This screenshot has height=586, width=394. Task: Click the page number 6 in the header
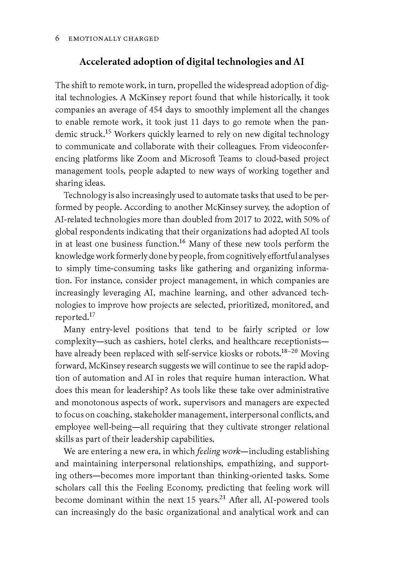pyautogui.click(x=57, y=39)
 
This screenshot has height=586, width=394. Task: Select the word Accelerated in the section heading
pyautogui.click(x=105, y=62)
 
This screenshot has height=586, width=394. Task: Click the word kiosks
pyautogui.click(x=235, y=354)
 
